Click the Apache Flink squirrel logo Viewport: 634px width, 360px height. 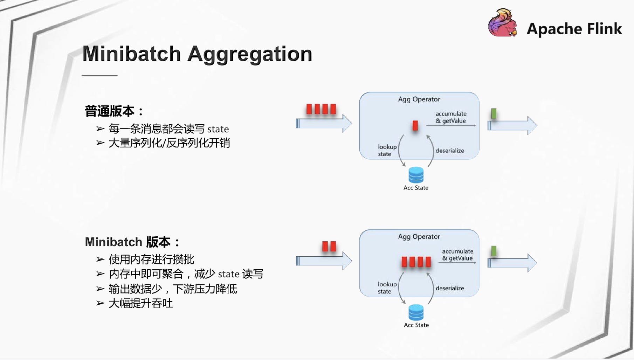click(x=503, y=23)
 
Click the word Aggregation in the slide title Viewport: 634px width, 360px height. click(x=250, y=54)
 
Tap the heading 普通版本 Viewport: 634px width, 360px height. click(x=110, y=111)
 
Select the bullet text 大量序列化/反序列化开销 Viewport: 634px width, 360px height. click(x=169, y=143)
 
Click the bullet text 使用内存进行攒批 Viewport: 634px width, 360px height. click(x=151, y=259)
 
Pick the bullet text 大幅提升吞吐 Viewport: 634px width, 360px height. click(x=141, y=303)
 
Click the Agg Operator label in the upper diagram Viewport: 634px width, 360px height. click(x=419, y=99)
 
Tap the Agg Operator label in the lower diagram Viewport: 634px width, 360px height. click(x=419, y=237)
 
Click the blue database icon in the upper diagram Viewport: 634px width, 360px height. click(x=416, y=175)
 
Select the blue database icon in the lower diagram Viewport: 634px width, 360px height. click(x=416, y=312)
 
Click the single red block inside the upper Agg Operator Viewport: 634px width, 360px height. click(x=415, y=125)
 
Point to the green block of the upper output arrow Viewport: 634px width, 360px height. click(x=494, y=113)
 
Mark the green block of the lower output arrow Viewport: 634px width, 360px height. click(x=494, y=251)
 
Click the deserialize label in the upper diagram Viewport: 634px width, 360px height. click(x=450, y=151)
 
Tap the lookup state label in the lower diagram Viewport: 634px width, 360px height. click(x=387, y=288)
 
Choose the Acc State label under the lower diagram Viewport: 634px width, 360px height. click(x=416, y=325)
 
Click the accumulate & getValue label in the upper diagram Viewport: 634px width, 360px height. click(x=451, y=117)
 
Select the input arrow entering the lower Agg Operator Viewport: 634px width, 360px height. click(x=324, y=261)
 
